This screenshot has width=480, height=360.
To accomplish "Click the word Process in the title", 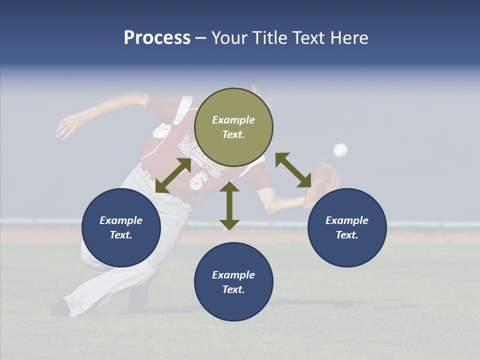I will point(157,38).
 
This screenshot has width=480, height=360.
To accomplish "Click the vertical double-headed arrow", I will point(229,205).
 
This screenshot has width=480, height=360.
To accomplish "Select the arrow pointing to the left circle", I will point(173,175).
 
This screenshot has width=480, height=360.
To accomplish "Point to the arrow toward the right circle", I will point(293,170).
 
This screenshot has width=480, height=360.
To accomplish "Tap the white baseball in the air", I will point(340,150).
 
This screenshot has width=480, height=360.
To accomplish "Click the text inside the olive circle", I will point(233,127).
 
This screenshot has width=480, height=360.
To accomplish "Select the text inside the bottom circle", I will point(233,282).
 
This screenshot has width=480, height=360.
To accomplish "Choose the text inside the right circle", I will point(347,227).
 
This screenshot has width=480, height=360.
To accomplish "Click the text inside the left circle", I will point(121,227).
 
